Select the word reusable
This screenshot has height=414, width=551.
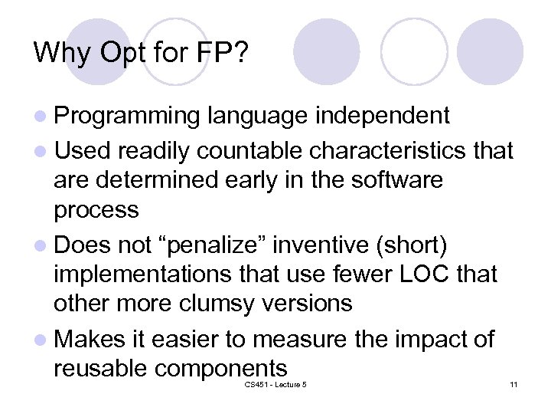coord(101,368)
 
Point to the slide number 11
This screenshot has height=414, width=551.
coord(514,384)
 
